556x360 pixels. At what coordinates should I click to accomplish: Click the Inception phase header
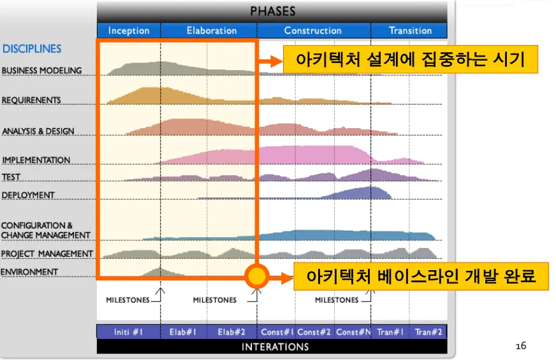(129, 31)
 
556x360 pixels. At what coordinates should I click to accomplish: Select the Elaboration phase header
(212, 31)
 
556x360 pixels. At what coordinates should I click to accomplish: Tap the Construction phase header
(312, 31)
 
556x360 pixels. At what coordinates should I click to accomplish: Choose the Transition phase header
(410, 31)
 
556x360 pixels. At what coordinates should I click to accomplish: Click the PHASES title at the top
(273, 11)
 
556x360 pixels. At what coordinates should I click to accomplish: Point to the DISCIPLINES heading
(32, 49)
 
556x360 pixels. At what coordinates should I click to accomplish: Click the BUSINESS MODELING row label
(42, 71)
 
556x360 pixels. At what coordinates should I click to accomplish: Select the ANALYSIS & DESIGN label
(38, 131)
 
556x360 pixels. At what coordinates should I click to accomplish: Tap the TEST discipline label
(11, 176)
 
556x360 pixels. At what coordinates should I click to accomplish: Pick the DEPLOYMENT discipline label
(28, 195)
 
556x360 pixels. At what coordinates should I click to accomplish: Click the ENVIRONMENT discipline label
(29, 272)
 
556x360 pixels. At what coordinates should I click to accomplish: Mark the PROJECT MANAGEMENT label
(47, 254)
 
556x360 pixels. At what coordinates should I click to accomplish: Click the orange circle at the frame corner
(257, 276)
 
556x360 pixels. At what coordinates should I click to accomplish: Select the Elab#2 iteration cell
(231, 332)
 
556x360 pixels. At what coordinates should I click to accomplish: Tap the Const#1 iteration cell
(277, 332)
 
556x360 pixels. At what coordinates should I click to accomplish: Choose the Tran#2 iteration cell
(428, 332)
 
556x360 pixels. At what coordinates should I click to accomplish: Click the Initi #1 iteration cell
(128, 332)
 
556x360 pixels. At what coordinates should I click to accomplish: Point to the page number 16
(521, 346)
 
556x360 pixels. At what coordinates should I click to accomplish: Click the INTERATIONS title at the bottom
(275, 347)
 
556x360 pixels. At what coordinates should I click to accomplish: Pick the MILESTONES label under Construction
(337, 300)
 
